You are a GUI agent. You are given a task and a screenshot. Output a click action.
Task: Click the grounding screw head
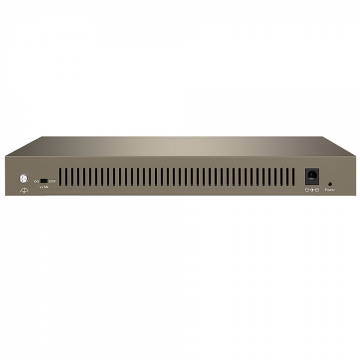(x=24, y=179)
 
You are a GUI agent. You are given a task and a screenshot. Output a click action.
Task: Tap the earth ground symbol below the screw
(x=25, y=190)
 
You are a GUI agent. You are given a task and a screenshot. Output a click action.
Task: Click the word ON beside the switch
(x=37, y=181)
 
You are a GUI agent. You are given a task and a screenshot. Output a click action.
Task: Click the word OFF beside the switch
(x=52, y=181)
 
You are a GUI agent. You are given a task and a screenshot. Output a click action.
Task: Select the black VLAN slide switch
(x=44, y=181)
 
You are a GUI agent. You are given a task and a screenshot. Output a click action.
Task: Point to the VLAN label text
(x=44, y=187)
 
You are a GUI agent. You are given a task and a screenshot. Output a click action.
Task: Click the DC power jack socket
(x=312, y=176)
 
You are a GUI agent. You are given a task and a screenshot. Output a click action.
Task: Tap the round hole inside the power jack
(x=312, y=176)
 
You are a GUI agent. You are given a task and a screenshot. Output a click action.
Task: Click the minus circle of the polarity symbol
(x=307, y=190)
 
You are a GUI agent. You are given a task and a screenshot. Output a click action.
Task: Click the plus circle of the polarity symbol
(x=317, y=190)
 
